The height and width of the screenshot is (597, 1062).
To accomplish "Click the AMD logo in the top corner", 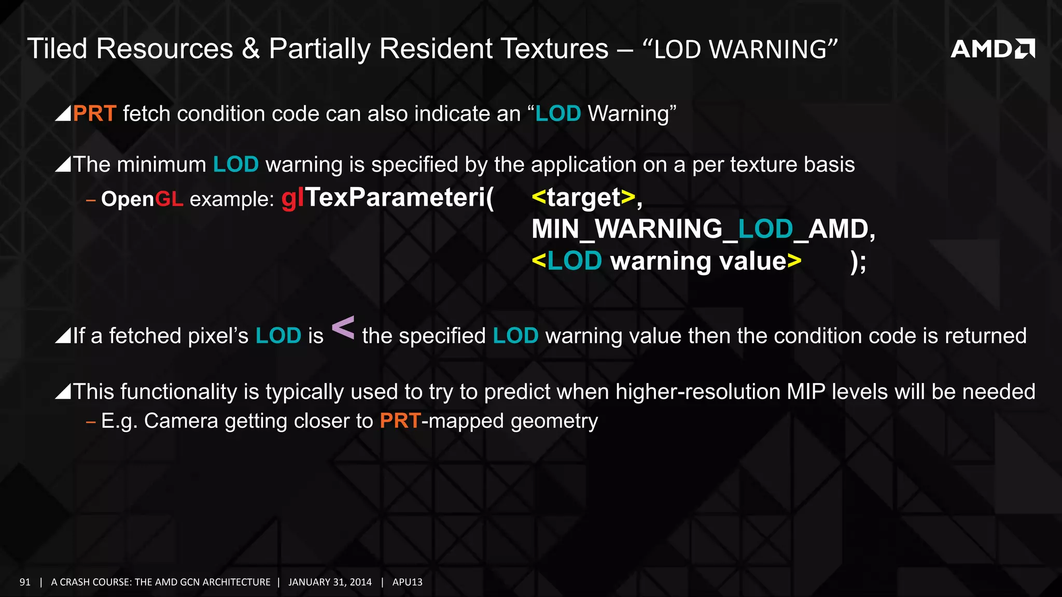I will click(x=992, y=49).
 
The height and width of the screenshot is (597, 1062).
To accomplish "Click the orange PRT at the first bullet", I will click(x=94, y=113).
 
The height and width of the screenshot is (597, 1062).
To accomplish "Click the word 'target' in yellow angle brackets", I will click(x=583, y=197).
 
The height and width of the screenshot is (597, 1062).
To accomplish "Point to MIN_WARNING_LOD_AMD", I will click(x=703, y=229).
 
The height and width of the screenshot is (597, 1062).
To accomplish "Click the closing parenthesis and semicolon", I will click(x=858, y=261).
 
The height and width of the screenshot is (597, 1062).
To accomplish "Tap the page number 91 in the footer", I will click(x=25, y=582).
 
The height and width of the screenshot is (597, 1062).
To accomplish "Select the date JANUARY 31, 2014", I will click(x=330, y=582).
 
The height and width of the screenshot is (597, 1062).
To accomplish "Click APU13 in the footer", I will click(x=407, y=582).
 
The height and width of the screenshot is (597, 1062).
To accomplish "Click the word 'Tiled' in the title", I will click(x=57, y=49).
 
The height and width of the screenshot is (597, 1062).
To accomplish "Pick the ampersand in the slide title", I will click(x=251, y=49).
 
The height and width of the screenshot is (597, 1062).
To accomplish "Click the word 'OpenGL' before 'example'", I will click(x=142, y=199).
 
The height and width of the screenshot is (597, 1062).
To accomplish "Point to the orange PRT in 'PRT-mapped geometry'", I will click(x=400, y=421).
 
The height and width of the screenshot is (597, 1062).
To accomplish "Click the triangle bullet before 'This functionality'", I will click(x=63, y=392).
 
